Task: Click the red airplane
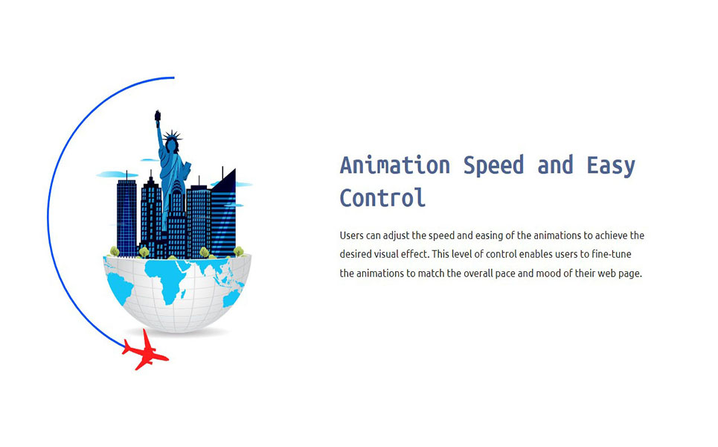(x=146, y=351)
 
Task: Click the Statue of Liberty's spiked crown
(x=172, y=136)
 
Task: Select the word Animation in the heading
(x=395, y=165)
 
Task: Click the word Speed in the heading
(x=493, y=166)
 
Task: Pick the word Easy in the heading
(x=611, y=166)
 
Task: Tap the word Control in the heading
(x=382, y=198)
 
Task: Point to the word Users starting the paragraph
(x=351, y=235)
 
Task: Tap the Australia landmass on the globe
(x=231, y=299)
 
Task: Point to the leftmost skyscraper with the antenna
(x=126, y=216)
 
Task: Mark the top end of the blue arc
(x=174, y=78)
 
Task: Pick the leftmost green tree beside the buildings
(x=115, y=251)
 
